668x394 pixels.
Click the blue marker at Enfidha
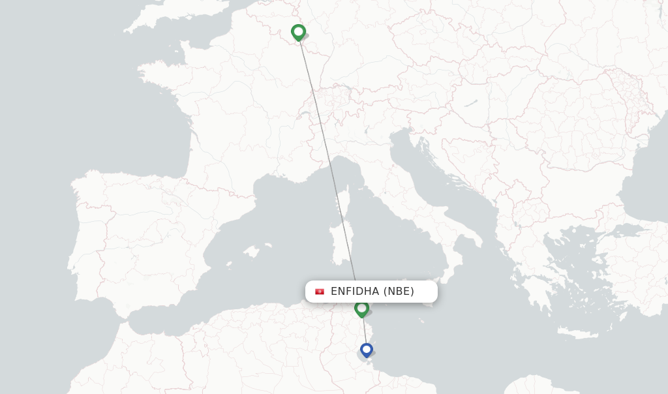point(367,350)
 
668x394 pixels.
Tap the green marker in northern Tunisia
point(361,308)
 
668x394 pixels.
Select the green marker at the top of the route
point(298,31)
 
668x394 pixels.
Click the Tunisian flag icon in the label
point(320,292)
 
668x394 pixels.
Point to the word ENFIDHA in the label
point(354,292)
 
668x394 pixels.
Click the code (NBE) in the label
point(399,292)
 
